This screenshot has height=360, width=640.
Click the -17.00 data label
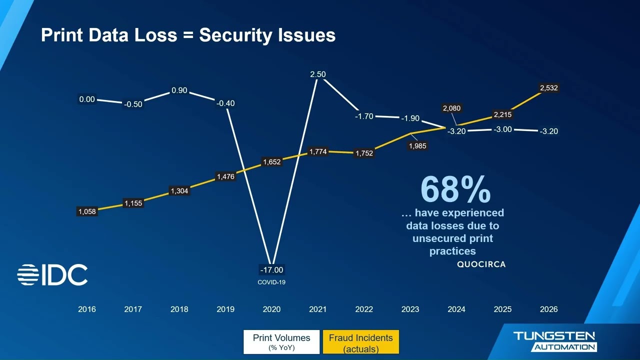point(271,270)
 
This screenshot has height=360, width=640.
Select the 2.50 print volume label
point(317,74)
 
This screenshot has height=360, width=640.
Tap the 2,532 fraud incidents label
point(548,88)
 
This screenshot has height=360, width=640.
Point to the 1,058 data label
point(86,211)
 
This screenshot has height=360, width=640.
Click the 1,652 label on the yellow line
point(271,162)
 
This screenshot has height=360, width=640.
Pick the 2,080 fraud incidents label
point(451,108)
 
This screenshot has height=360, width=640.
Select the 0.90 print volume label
point(179,90)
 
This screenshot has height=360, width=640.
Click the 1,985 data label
point(417,146)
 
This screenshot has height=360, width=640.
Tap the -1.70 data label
point(364,116)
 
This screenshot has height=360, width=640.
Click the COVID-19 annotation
point(271,282)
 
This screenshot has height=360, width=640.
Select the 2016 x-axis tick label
point(86,309)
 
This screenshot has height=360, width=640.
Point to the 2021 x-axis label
point(317,309)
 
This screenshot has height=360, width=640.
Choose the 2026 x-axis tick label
point(548,309)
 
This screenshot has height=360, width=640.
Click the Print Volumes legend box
point(281,342)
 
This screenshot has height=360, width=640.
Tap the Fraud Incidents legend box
point(360,342)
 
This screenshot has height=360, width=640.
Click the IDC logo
point(52,275)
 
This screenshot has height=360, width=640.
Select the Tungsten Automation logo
point(554,341)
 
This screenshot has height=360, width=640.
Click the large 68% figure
point(455,189)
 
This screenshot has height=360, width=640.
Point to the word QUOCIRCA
point(481,264)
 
